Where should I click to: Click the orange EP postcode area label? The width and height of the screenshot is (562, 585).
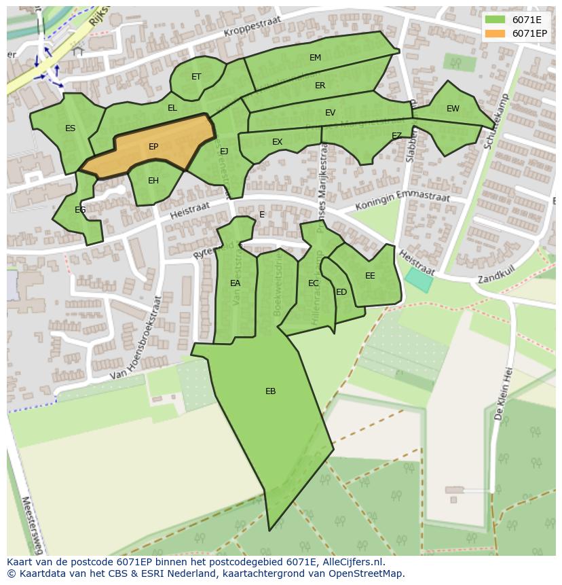pyautogui.click(x=153, y=147)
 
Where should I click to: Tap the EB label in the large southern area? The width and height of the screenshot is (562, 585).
pyautogui.click(x=270, y=391)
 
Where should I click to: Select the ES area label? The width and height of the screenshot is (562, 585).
pyautogui.click(x=70, y=128)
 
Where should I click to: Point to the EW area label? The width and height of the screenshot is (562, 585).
pyautogui.click(x=453, y=109)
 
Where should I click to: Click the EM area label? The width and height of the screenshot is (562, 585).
pyautogui.click(x=315, y=58)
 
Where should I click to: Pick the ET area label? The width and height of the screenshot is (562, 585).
pyautogui.click(x=196, y=77)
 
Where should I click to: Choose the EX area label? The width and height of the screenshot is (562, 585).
pyautogui.click(x=277, y=142)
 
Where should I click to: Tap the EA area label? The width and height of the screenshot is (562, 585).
pyautogui.click(x=235, y=283)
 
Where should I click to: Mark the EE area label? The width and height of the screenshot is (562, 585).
pyautogui.click(x=370, y=276)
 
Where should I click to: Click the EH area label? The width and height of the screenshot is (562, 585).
pyautogui.click(x=153, y=181)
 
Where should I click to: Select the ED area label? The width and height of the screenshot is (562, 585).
pyautogui.click(x=341, y=292)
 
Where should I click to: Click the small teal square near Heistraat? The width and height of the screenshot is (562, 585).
pyautogui.click(x=419, y=280)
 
